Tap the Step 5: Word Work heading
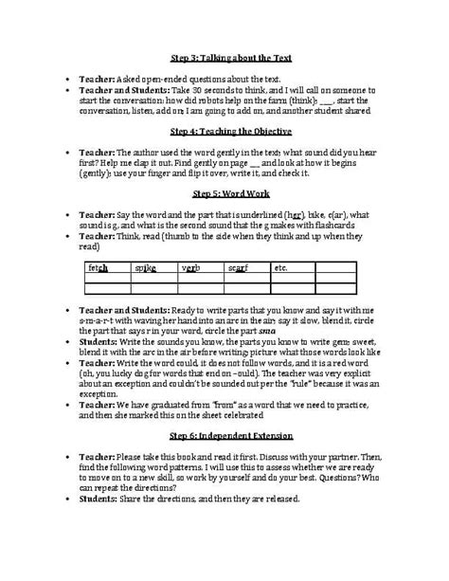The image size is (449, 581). click(224, 192)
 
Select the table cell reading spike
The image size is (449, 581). click(147, 268)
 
